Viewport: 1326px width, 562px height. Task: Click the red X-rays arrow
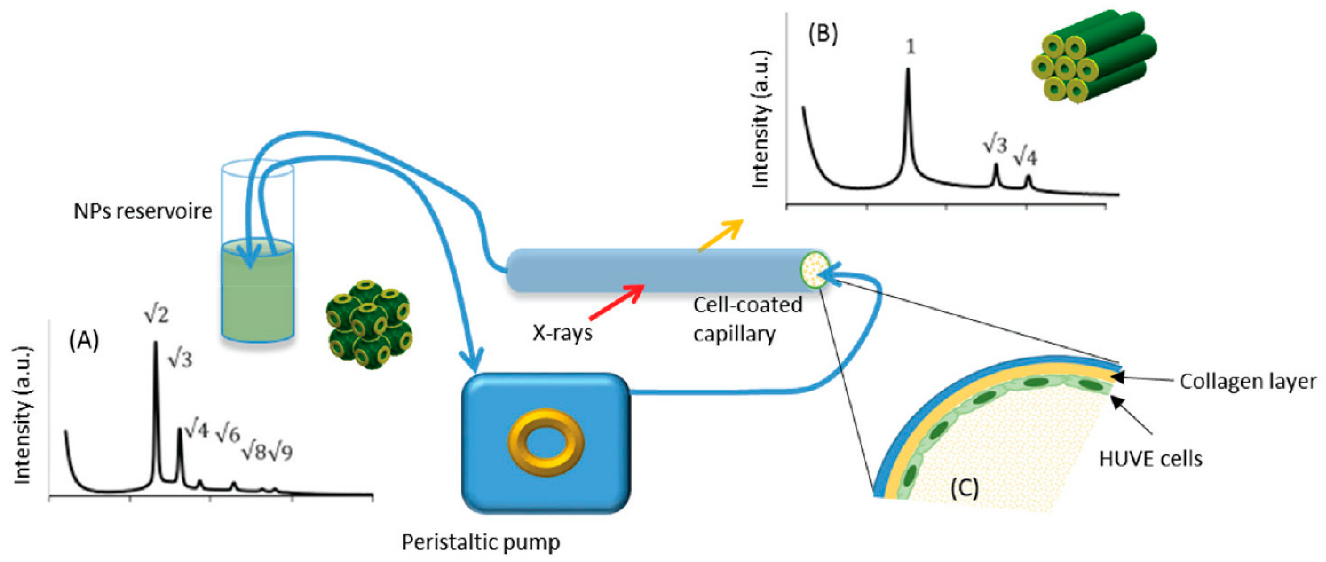[x=616, y=303]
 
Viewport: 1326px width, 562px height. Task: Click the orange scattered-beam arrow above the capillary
[x=721, y=235]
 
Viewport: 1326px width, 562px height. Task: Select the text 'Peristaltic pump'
[x=480, y=542]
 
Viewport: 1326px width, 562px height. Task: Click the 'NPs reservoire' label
[x=143, y=211]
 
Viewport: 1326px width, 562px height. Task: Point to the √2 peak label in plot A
[x=156, y=314]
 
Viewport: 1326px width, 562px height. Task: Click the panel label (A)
[x=84, y=340]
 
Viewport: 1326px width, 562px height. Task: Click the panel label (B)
[x=822, y=34]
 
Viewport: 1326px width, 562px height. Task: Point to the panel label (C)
[x=964, y=488]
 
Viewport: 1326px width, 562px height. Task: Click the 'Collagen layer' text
[x=1247, y=381]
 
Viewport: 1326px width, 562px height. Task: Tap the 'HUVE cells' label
[x=1150, y=458]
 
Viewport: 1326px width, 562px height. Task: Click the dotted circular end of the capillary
[x=814, y=270]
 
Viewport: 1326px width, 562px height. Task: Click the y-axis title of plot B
[x=760, y=120]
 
